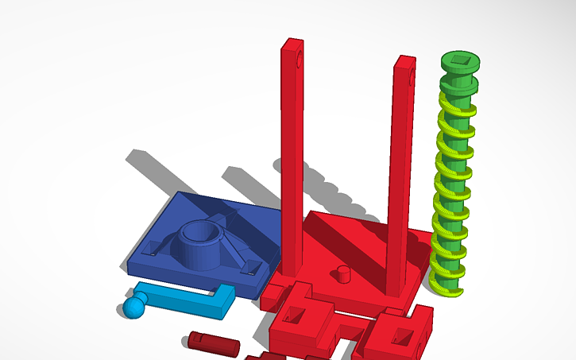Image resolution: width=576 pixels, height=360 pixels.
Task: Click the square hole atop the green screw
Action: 458,60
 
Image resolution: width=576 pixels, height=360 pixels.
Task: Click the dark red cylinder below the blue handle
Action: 214,343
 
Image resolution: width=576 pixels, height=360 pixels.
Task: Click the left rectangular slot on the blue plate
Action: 149,249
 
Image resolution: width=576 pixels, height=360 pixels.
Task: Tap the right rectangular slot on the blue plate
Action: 250,266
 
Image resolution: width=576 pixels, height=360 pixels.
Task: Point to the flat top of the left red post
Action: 292,41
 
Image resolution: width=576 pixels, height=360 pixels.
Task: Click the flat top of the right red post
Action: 405,59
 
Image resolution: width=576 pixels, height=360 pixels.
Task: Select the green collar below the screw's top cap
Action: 459,84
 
